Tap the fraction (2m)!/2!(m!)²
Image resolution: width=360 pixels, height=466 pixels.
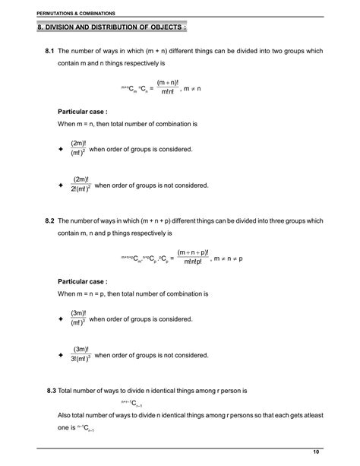[81, 185]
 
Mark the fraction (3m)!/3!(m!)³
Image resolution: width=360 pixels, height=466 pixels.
[81, 354]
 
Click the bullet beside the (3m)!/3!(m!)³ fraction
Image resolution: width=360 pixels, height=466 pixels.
[61, 355]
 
